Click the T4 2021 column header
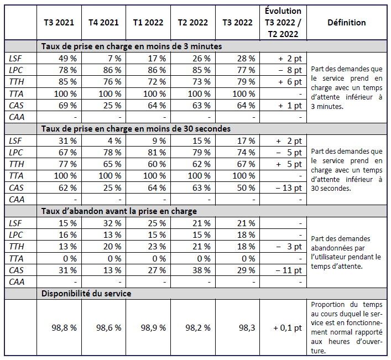pyautogui.click(x=103, y=23)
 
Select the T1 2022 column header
pyautogui.click(x=148, y=23)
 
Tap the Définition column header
pyautogui.click(x=346, y=23)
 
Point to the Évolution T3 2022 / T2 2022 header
pyautogui.click(x=283, y=23)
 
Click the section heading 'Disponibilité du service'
pyautogui.click(x=86, y=293)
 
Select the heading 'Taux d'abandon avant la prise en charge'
pyautogui.click(x=119, y=211)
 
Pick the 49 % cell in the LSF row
pyautogui.click(x=67, y=58)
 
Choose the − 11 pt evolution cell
pyautogui.click(x=288, y=270)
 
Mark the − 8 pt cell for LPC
pyautogui.click(x=289, y=70)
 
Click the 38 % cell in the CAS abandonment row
pyautogui.click(x=201, y=270)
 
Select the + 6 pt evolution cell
pyautogui.click(x=289, y=82)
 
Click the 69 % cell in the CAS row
pyautogui.click(x=67, y=105)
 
